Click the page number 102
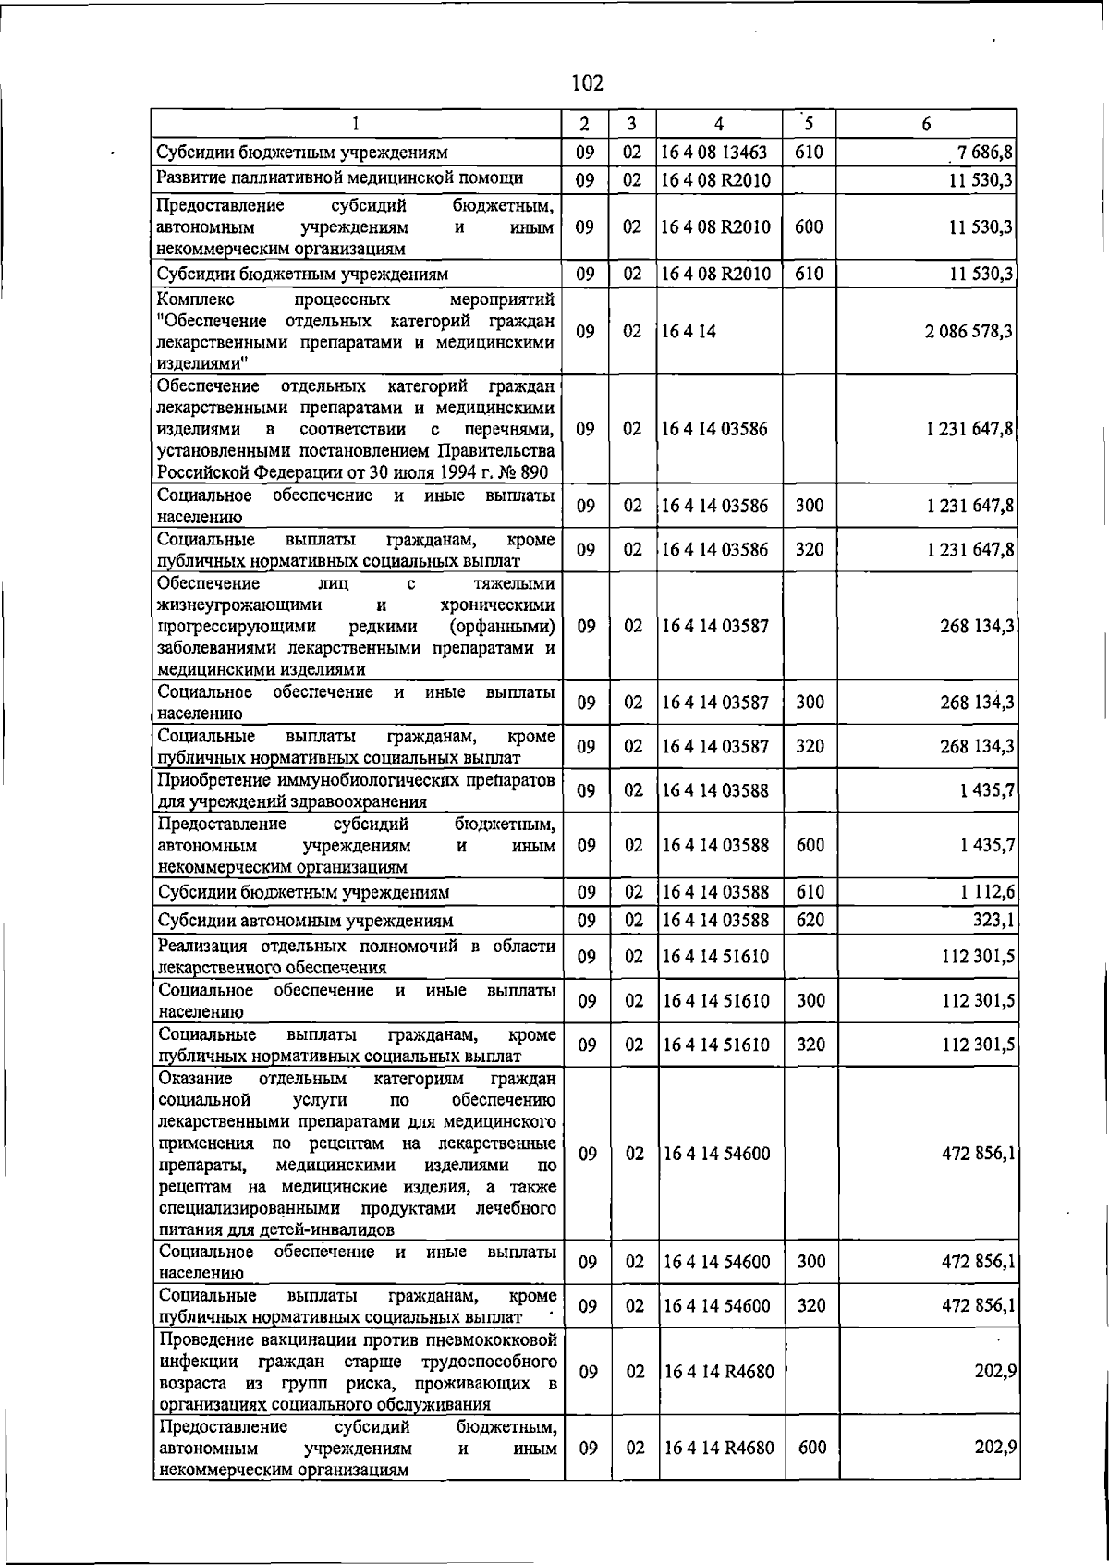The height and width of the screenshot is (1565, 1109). [588, 83]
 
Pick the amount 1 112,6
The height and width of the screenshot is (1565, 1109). [988, 892]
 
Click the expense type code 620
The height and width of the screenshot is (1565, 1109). [810, 921]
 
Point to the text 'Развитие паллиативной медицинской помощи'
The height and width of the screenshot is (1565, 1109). [340, 177]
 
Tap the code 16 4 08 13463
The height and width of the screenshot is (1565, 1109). [714, 153]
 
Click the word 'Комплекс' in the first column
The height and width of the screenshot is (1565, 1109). [196, 300]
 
